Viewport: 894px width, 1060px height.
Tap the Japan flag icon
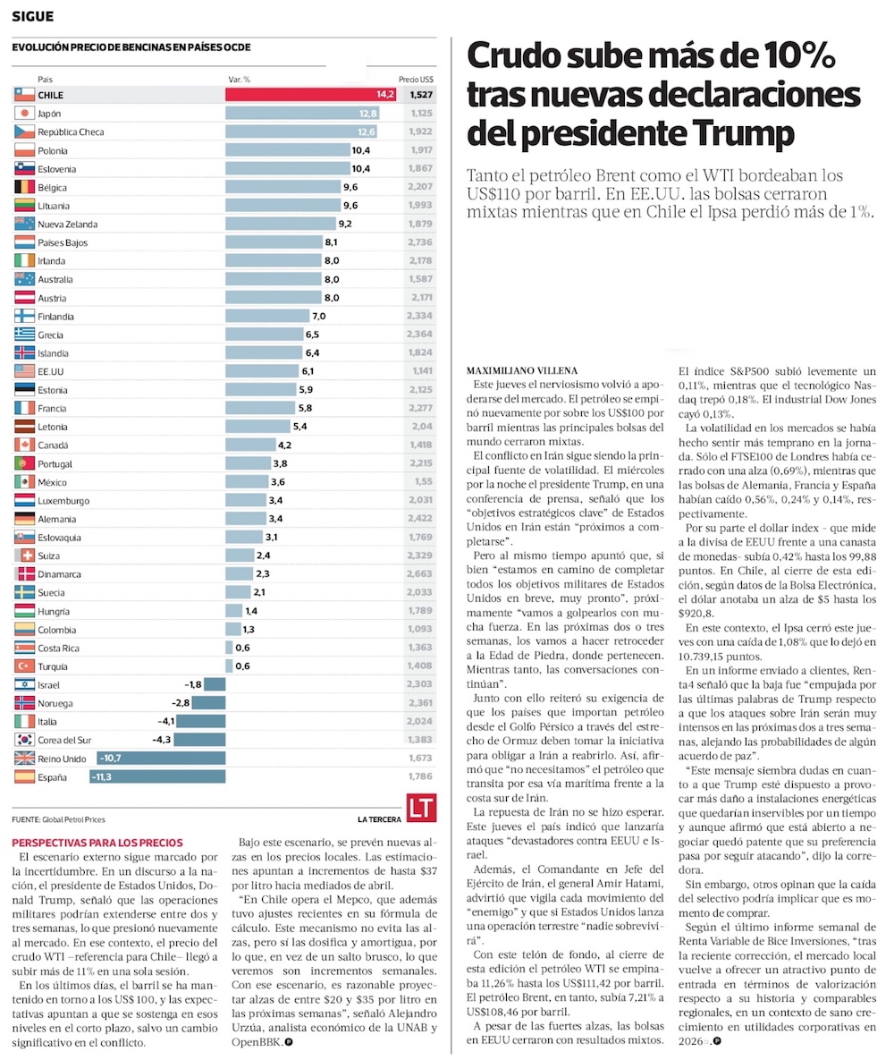(x=24, y=114)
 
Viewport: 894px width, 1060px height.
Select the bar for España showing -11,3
(x=158, y=777)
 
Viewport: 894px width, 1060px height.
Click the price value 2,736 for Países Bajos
(x=419, y=242)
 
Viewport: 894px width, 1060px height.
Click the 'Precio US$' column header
(x=417, y=80)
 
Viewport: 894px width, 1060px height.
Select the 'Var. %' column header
(x=240, y=80)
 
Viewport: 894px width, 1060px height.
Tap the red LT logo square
(x=421, y=808)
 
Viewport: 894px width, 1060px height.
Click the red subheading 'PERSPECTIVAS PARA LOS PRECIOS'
(x=97, y=843)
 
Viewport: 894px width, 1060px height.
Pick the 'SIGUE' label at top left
(x=32, y=16)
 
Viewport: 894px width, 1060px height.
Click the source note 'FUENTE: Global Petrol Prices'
(x=65, y=819)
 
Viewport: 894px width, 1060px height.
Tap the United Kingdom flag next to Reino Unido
(x=24, y=759)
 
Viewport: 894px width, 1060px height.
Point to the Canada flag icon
(x=24, y=445)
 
